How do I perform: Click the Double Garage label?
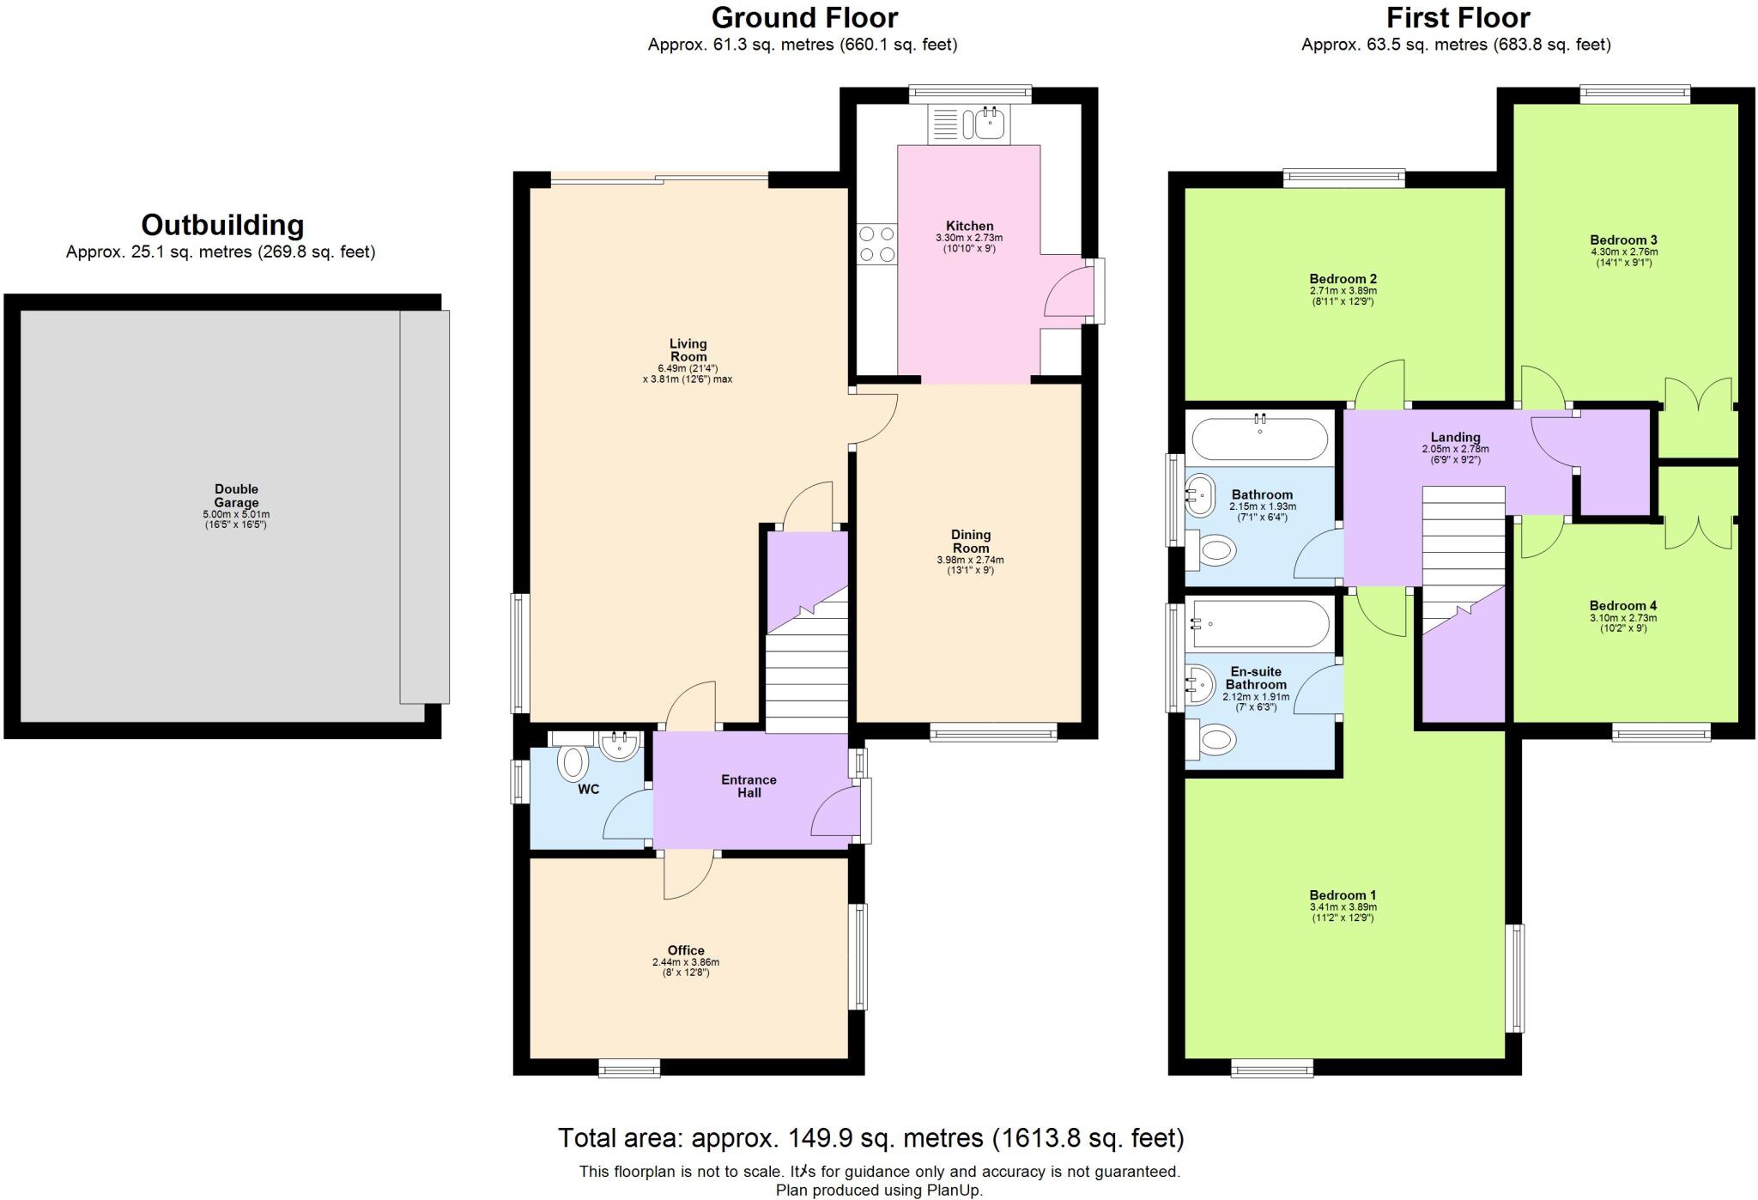pyautogui.click(x=236, y=496)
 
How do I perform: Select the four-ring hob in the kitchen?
pyautogui.click(x=876, y=243)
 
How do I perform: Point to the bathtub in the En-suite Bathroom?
pyautogui.click(x=1260, y=624)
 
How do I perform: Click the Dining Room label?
pyautogui.click(x=971, y=542)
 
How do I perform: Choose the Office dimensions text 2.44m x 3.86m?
pyautogui.click(x=685, y=962)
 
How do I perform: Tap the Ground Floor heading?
pyautogui.click(x=804, y=17)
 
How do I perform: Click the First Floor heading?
pyautogui.click(x=1458, y=17)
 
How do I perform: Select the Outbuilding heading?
pyautogui.click(x=222, y=225)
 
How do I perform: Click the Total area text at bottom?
pyautogui.click(x=870, y=1138)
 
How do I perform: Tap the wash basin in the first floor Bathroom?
pyautogui.click(x=1201, y=494)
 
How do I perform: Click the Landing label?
pyautogui.click(x=1455, y=437)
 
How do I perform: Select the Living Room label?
pyautogui.click(x=688, y=350)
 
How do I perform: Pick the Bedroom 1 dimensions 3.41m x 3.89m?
pyautogui.click(x=1343, y=906)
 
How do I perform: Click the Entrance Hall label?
pyautogui.click(x=749, y=786)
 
